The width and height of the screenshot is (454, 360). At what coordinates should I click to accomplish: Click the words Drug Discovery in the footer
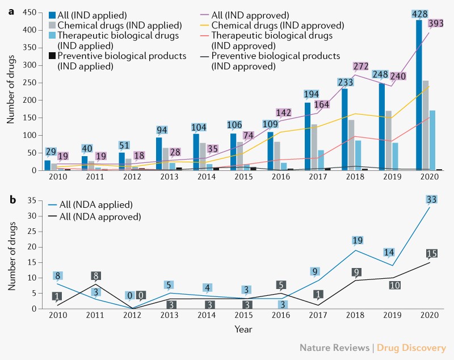pyautogui.click(x=420, y=348)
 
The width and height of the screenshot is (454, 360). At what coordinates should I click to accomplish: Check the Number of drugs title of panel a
pyautogui.click(x=11, y=91)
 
